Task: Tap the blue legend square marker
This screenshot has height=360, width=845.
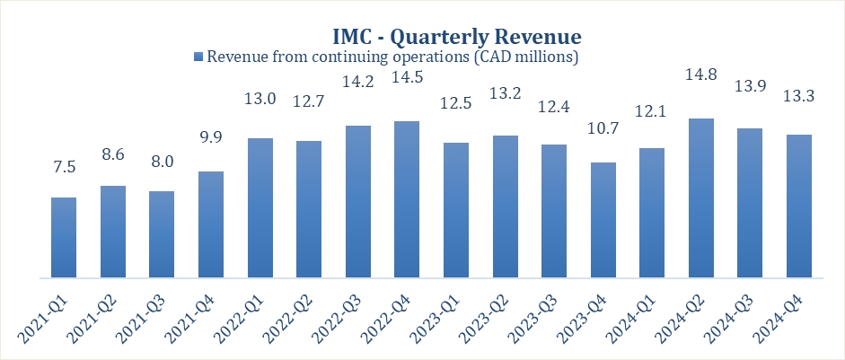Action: click(x=199, y=57)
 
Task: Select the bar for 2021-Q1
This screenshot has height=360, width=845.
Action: click(x=65, y=237)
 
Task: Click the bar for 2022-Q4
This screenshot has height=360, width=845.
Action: click(x=407, y=199)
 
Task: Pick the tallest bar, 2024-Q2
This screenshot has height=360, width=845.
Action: click(x=700, y=198)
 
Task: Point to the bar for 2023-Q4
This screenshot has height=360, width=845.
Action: click(x=603, y=220)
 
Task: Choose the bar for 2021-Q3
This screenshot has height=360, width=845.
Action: click(x=162, y=234)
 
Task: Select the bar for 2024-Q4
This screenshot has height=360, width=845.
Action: click(x=798, y=206)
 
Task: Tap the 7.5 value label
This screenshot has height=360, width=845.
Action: click(x=65, y=167)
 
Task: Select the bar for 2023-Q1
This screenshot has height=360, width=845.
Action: click(x=455, y=210)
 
